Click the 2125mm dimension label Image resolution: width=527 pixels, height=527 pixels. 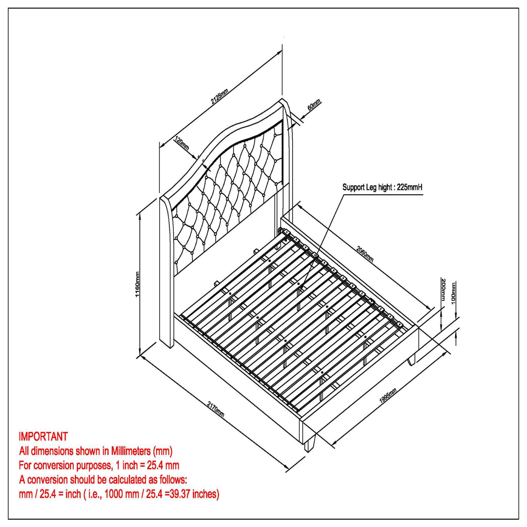coord(220,96)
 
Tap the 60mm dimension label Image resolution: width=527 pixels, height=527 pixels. coord(314,105)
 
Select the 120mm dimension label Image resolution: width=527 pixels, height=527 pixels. coord(182,143)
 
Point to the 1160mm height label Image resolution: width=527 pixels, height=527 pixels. coord(137,284)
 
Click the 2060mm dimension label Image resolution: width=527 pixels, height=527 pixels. coord(365,254)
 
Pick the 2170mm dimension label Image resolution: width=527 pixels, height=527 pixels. coord(215,410)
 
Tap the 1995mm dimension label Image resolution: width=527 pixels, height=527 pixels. coord(388,396)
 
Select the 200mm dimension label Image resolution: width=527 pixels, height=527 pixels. coord(443,289)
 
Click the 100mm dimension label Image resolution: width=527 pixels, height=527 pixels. coord(454,292)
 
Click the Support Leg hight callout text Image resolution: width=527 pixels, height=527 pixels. coord(382,187)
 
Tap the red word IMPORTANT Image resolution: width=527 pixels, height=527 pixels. coord(43,437)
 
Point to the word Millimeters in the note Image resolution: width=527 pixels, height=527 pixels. coord(131,451)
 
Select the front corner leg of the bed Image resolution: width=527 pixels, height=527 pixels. coord(310,444)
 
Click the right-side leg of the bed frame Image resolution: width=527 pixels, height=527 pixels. coord(411,359)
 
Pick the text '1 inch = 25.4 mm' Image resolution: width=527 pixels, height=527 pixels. coord(148,466)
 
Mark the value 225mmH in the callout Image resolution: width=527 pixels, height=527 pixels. coord(410,187)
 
